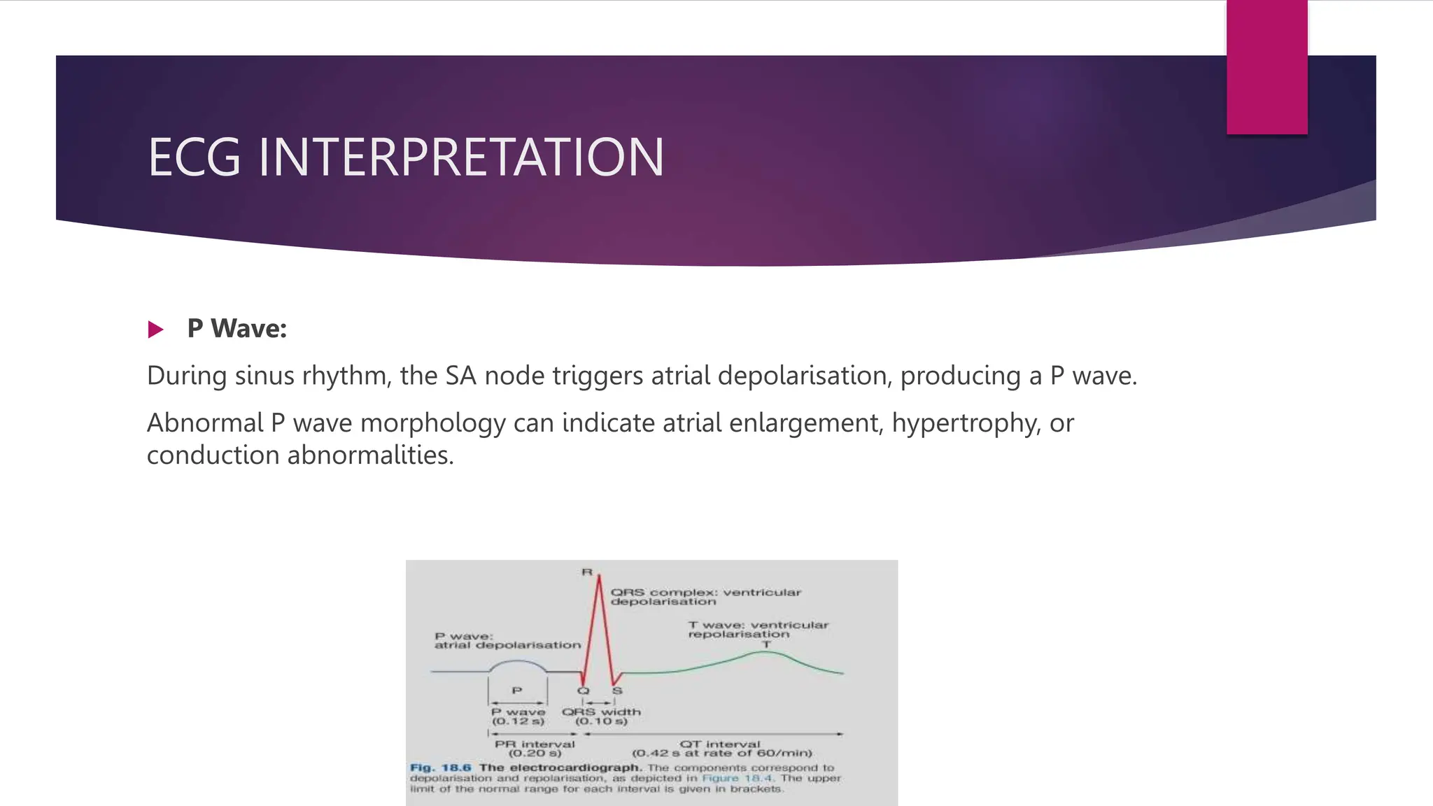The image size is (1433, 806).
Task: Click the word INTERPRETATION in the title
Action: (461, 157)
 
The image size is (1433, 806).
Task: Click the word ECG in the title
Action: (195, 157)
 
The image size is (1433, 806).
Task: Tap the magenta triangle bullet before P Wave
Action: (155, 330)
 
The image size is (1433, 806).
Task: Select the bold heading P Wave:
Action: (237, 329)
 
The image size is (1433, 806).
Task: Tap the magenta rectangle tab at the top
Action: (1266, 66)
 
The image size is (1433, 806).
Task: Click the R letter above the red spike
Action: (586, 572)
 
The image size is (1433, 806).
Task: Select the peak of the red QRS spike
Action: (599, 578)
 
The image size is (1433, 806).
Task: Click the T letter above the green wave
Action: (766, 644)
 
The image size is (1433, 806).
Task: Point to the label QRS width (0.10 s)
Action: (601, 716)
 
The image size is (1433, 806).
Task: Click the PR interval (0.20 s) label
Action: (535, 749)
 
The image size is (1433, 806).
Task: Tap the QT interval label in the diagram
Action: (721, 749)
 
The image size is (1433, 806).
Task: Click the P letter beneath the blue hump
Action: (517, 691)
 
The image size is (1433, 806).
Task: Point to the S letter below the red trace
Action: (617, 691)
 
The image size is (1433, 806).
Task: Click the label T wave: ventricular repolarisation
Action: (758, 630)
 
